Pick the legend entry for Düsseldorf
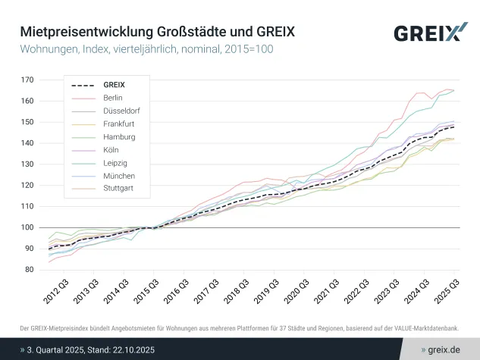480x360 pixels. (121, 111)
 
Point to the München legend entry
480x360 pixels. (118, 175)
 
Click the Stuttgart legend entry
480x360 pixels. (118, 188)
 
